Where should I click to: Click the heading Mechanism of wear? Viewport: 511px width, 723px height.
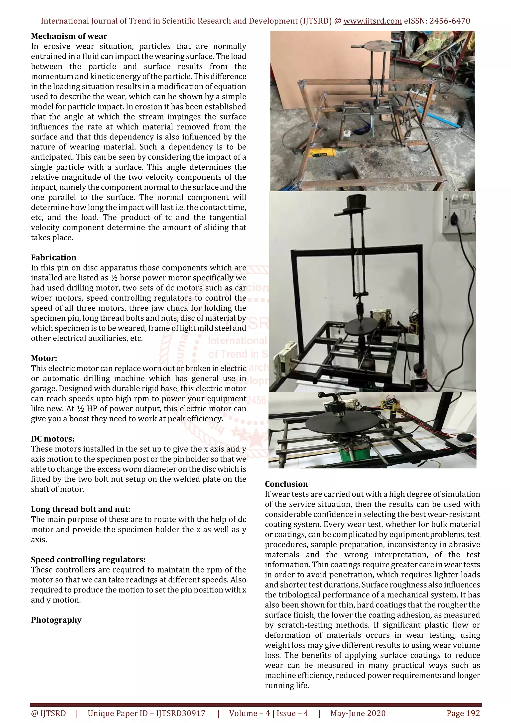69,36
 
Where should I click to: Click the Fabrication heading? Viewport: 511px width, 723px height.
54,257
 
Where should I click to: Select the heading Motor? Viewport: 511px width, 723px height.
44,358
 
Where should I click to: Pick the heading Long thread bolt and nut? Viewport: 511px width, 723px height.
81,509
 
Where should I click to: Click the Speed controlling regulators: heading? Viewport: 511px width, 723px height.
88,560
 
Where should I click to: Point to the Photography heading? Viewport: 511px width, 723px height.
56,620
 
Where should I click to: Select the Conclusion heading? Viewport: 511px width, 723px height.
286,484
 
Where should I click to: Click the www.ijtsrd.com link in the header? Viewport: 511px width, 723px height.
372,21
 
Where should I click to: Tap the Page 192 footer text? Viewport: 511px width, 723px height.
463,713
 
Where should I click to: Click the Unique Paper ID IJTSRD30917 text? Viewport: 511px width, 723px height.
146,713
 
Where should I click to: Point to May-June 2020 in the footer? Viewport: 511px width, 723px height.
358,713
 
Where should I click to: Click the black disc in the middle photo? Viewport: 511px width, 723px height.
360,327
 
